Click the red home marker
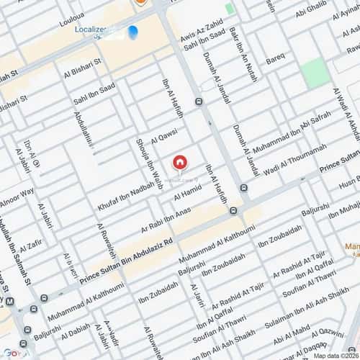tap(180, 161)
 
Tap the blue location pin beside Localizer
tap(132, 32)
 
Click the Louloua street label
tap(73, 22)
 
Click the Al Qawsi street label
tap(163, 135)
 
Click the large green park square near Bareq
tap(314, 74)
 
